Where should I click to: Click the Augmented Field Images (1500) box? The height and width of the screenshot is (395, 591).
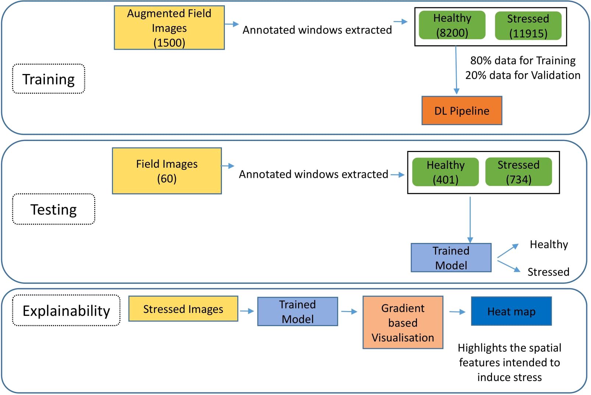pos(169,28)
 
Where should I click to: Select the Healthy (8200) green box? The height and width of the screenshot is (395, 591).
pos(452,25)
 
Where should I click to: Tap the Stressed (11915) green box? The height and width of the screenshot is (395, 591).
pos(528,26)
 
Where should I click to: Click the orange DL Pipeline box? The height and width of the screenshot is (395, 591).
pos(462,110)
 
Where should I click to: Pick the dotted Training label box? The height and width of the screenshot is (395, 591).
pos(49,79)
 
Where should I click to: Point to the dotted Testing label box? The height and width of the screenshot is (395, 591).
pos(54,209)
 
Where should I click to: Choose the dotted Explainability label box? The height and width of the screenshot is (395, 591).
pos(66,310)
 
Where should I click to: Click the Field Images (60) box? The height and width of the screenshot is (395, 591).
pos(167,171)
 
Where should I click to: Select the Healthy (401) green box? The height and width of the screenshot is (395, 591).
pos(445,172)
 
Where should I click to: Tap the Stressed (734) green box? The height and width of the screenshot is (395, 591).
pos(519,172)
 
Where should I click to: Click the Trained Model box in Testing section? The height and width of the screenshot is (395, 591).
pos(451,258)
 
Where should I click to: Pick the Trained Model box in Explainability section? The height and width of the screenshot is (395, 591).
pos(298,311)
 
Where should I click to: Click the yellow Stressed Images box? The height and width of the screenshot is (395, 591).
pos(183,308)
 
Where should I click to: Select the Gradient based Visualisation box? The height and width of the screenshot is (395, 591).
pos(403,322)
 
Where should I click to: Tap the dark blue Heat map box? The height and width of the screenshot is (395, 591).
pos(511,311)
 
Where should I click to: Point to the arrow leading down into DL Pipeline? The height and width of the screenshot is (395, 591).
pos(456,70)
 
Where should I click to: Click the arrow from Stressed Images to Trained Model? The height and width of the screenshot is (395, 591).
pos(247,311)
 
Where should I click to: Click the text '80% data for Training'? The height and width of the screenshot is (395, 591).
pos(523,61)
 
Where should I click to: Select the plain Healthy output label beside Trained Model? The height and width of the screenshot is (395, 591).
pos(549,244)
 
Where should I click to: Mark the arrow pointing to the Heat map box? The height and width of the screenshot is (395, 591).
pos(457,312)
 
